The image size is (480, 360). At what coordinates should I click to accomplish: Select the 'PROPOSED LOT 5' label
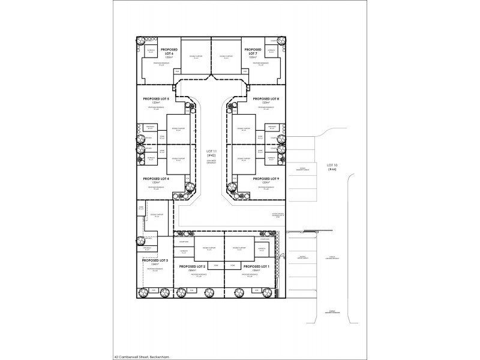click(156, 98)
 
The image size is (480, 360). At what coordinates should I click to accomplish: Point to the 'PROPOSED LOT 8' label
click(266, 98)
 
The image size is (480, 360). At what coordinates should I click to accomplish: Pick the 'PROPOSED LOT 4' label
click(156, 179)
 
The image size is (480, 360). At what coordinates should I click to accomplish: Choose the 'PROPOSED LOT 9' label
click(266, 179)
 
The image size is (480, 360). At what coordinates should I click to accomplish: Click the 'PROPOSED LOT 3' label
click(155, 260)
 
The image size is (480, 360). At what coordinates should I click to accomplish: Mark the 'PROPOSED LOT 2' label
click(192, 266)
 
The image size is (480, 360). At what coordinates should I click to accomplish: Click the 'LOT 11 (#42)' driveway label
click(210, 153)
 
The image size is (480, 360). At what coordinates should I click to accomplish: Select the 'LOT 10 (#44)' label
click(332, 167)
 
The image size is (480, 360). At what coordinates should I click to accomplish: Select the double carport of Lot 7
click(226, 58)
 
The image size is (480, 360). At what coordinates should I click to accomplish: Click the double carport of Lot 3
click(157, 214)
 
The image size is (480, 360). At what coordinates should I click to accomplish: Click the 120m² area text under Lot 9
click(266, 183)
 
